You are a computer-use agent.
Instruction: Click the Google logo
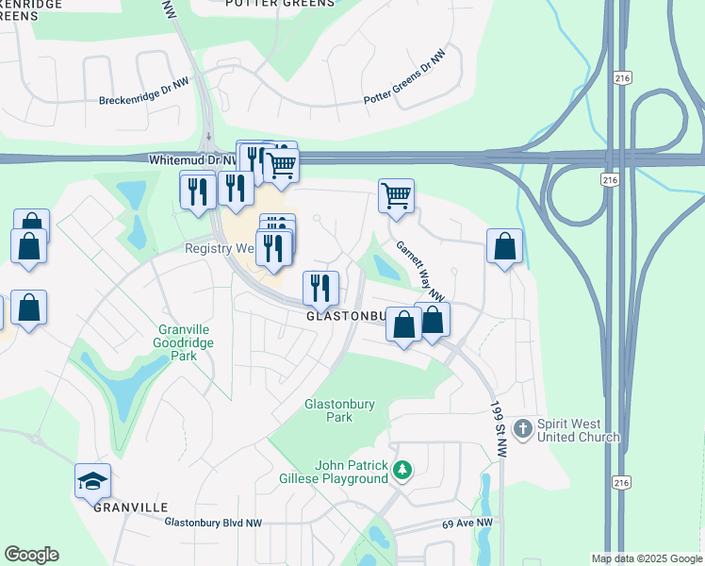31,555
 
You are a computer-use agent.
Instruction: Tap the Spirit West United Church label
579,431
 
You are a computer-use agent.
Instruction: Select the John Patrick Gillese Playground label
338,472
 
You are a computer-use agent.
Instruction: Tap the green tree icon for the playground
402,469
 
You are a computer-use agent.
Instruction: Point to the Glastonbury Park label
338,410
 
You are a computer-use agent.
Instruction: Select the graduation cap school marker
92,482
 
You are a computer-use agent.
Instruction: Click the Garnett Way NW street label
419,271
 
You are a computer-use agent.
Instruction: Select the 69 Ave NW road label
467,523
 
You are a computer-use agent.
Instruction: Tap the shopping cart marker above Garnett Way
396,196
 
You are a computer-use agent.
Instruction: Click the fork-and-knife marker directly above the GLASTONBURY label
320,287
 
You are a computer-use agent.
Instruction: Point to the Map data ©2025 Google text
647,558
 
